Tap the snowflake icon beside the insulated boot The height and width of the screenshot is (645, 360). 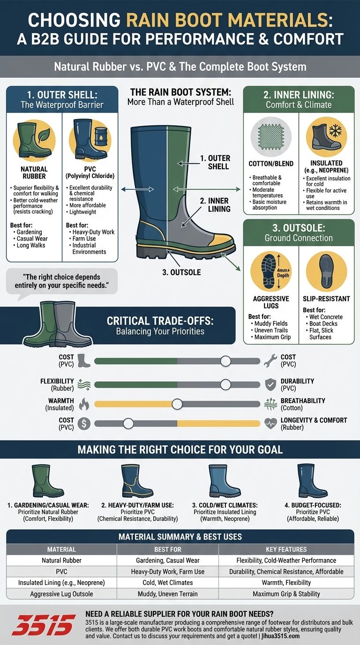point(335,131)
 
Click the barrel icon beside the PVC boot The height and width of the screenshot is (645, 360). point(101,138)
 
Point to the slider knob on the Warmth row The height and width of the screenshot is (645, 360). point(177,404)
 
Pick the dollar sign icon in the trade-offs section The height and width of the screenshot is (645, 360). point(84,424)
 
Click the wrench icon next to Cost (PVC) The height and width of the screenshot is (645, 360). point(270,360)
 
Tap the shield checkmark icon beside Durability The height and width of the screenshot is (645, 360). point(270,384)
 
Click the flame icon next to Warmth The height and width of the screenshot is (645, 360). point(84,404)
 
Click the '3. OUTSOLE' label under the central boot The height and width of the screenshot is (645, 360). point(181,272)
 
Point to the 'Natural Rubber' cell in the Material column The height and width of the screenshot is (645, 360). point(61,560)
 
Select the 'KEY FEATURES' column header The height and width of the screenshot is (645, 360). point(286,549)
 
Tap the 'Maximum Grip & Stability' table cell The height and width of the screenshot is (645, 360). point(286,594)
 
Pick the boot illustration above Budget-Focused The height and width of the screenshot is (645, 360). point(312,480)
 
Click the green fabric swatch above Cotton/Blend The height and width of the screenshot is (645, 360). point(271,137)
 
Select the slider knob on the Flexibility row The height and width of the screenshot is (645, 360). point(225,384)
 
